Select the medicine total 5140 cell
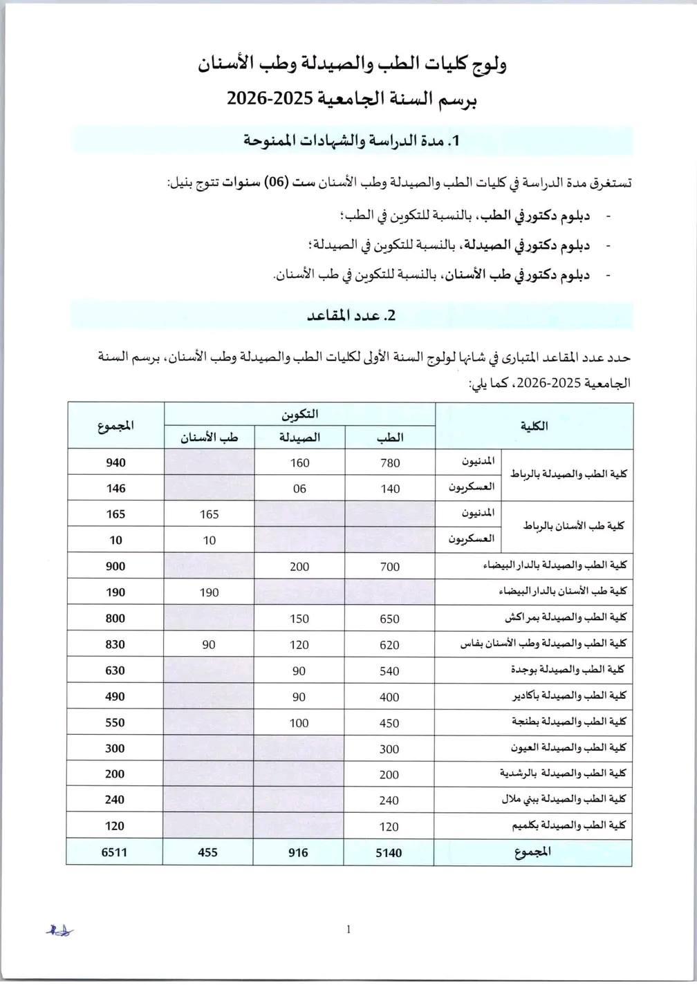click(x=389, y=852)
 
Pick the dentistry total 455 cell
click(x=207, y=852)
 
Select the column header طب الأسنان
click(x=209, y=437)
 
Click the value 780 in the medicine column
click(x=389, y=463)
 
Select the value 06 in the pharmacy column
click(x=299, y=489)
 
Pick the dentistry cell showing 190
click(x=208, y=592)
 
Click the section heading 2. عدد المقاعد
click(x=351, y=316)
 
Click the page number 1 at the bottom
click(x=348, y=930)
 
